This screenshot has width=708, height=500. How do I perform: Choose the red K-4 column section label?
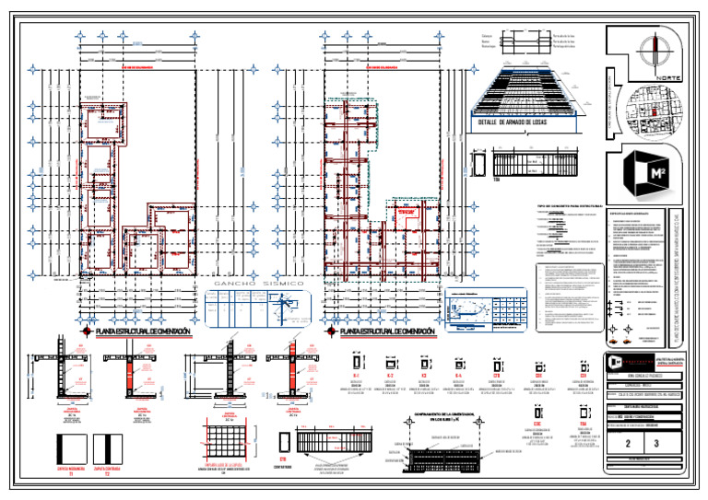tap(458, 377)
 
